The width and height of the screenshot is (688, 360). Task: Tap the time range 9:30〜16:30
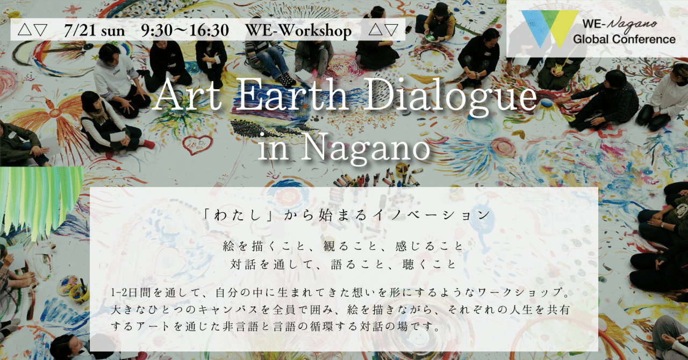point(184,30)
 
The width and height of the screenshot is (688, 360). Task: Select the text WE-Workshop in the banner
point(298,30)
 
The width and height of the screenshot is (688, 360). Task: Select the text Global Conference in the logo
point(624,39)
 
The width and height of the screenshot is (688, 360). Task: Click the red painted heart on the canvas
point(197,143)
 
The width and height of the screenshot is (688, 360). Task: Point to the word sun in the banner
point(113,30)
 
